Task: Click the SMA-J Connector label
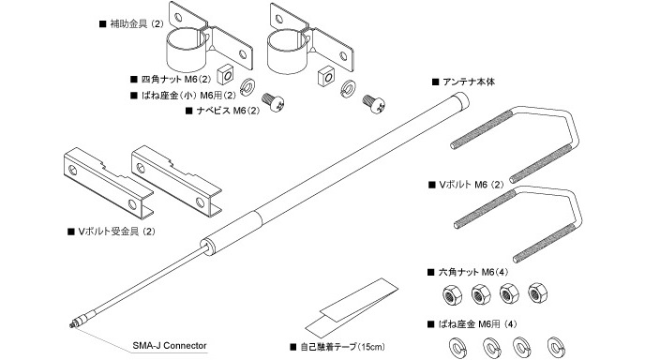coord(170,346)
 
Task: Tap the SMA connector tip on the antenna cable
coord(72,325)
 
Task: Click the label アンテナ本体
coord(469,82)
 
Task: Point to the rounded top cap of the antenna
coord(460,99)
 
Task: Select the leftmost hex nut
coord(452,295)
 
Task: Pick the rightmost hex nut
coord(537,292)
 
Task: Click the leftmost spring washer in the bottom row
coord(457,348)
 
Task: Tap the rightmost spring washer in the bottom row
coord(556,348)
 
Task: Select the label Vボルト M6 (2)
coord(472,185)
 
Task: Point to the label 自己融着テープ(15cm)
coord(343,347)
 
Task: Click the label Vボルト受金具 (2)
coord(117,232)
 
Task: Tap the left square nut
coord(225,73)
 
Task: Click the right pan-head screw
coord(375,103)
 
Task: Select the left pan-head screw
coord(273,101)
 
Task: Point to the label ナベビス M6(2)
coord(228,111)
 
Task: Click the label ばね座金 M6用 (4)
coord(477,324)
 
